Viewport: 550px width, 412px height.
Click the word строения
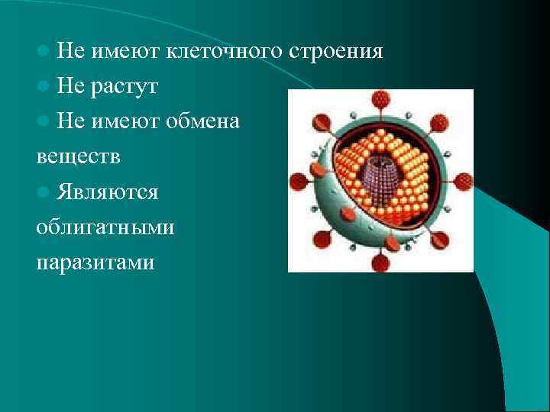click(336, 52)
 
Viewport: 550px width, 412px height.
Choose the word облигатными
click(105, 227)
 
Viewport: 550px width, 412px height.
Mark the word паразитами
click(95, 262)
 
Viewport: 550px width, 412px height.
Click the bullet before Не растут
click(44, 87)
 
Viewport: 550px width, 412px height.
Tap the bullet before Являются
click(44, 192)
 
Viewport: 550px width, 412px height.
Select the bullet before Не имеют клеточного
click(44, 53)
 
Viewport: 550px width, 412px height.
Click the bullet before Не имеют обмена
click(44, 121)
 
